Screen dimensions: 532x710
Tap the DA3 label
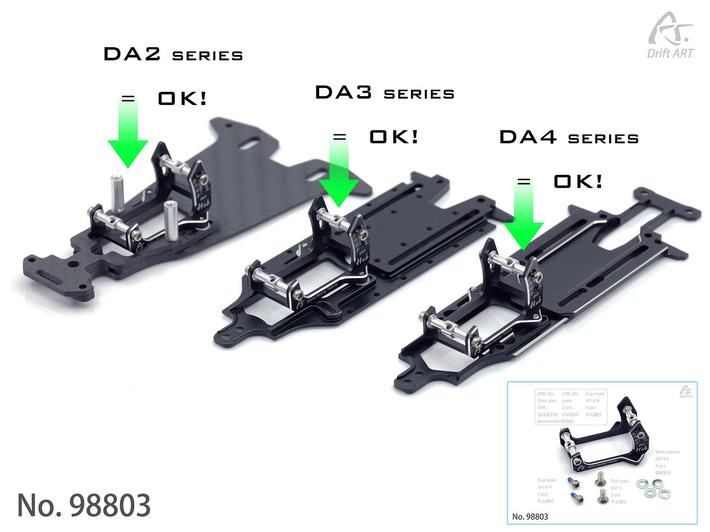click(x=344, y=93)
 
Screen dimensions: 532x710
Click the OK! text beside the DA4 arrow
click(x=578, y=182)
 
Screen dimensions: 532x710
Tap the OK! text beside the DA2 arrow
click(x=182, y=99)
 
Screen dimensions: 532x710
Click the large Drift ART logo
click(x=670, y=36)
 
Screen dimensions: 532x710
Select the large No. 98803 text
click(x=84, y=505)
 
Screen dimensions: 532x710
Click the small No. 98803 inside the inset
click(x=530, y=516)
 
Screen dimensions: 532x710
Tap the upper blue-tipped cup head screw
click(x=573, y=483)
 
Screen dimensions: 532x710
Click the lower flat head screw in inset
click(x=603, y=496)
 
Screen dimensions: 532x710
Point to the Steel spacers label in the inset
click(x=667, y=452)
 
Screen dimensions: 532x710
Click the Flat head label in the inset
click(x=619, y=481)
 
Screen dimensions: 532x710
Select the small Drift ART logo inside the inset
click(x=686, y=392)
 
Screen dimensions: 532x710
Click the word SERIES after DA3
click(x=419, y=95)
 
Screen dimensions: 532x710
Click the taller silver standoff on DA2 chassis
click(x=117, y=193)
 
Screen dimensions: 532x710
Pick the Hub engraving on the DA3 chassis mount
click(x=362, y=259)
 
